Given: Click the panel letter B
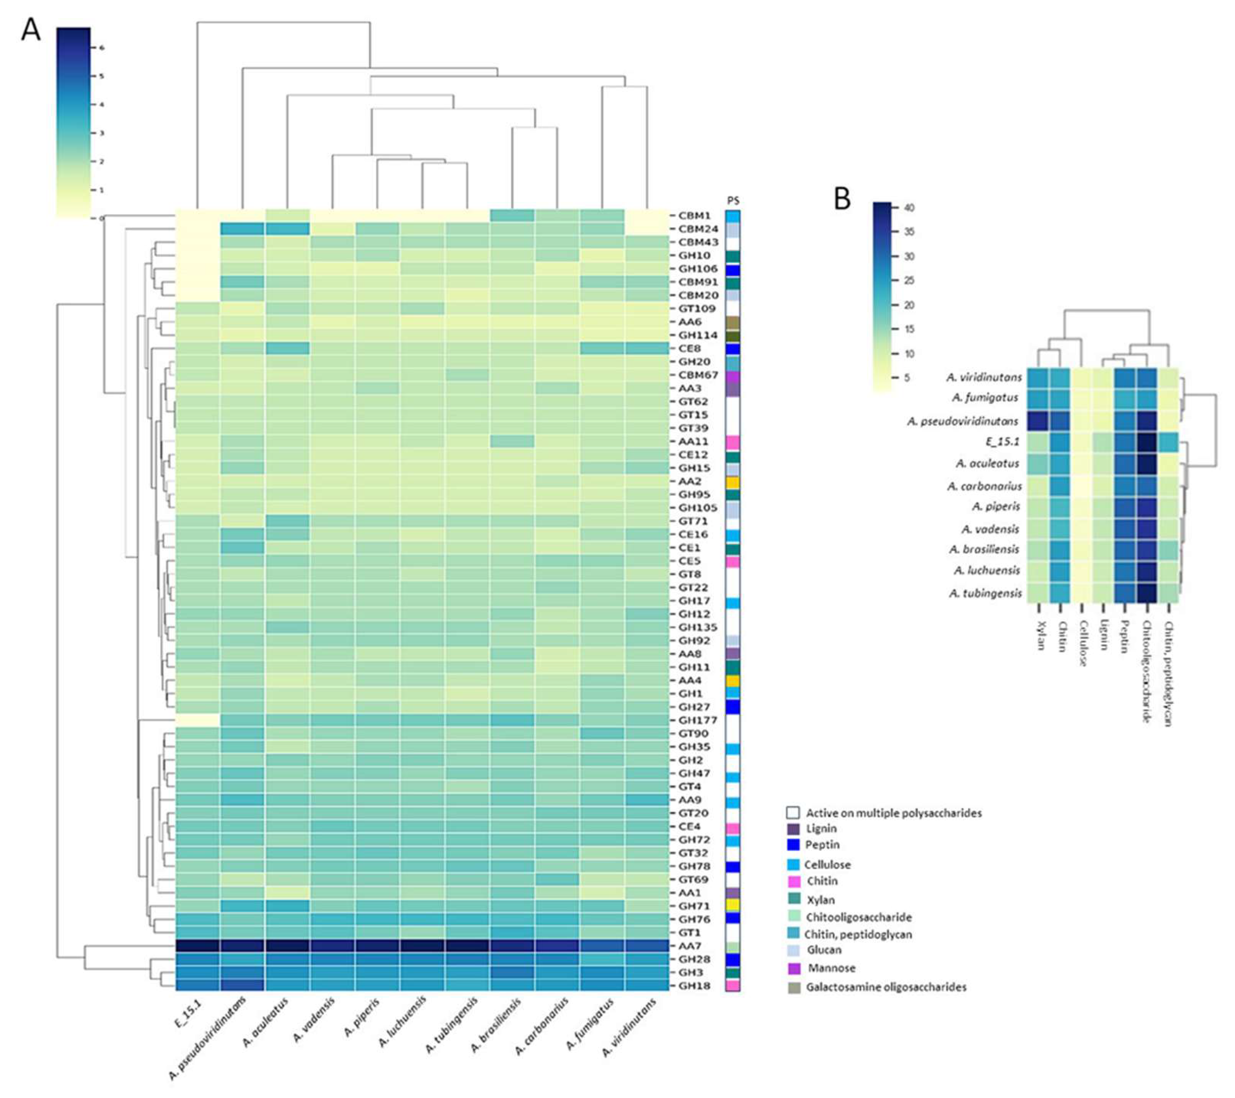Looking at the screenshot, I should point(842,199).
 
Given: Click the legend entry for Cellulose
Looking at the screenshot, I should point(827,865).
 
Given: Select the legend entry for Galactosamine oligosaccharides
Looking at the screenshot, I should point(886,987).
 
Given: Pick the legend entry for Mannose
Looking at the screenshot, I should point(831,968).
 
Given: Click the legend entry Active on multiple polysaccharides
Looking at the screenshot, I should point(893,813).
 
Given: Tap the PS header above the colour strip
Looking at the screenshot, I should point(733,201).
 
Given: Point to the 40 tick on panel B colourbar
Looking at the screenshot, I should point(909,208).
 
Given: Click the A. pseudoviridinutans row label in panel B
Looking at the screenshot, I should point(962,421).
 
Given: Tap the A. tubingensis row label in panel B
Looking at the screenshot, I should point(985,594).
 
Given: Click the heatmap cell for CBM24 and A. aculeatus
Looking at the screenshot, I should point(287,229).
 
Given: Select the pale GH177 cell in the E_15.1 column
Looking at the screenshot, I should point(197,720).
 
